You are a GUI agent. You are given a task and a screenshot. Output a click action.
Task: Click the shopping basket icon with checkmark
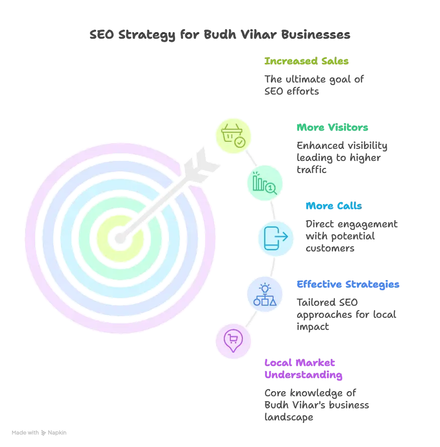click(233, 135)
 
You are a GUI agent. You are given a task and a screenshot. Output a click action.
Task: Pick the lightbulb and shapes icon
click(264, 295)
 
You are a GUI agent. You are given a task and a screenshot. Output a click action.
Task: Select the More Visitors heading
click(332, 128)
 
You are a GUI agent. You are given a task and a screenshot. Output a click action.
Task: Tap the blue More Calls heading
click(334, 206)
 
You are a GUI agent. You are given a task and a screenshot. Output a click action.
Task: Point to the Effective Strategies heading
click(347, 285)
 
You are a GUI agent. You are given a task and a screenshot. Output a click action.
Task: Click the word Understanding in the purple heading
click(304, 375)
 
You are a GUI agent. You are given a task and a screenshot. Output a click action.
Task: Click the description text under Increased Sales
click(314, 84)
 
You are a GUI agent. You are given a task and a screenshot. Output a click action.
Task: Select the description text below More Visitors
click(342, 158)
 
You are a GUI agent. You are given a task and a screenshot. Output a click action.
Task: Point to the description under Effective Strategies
click(345, 315)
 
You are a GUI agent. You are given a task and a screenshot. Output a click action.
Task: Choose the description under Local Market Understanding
click(316, 404)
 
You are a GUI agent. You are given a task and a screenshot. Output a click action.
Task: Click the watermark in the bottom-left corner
click(40, 432)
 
